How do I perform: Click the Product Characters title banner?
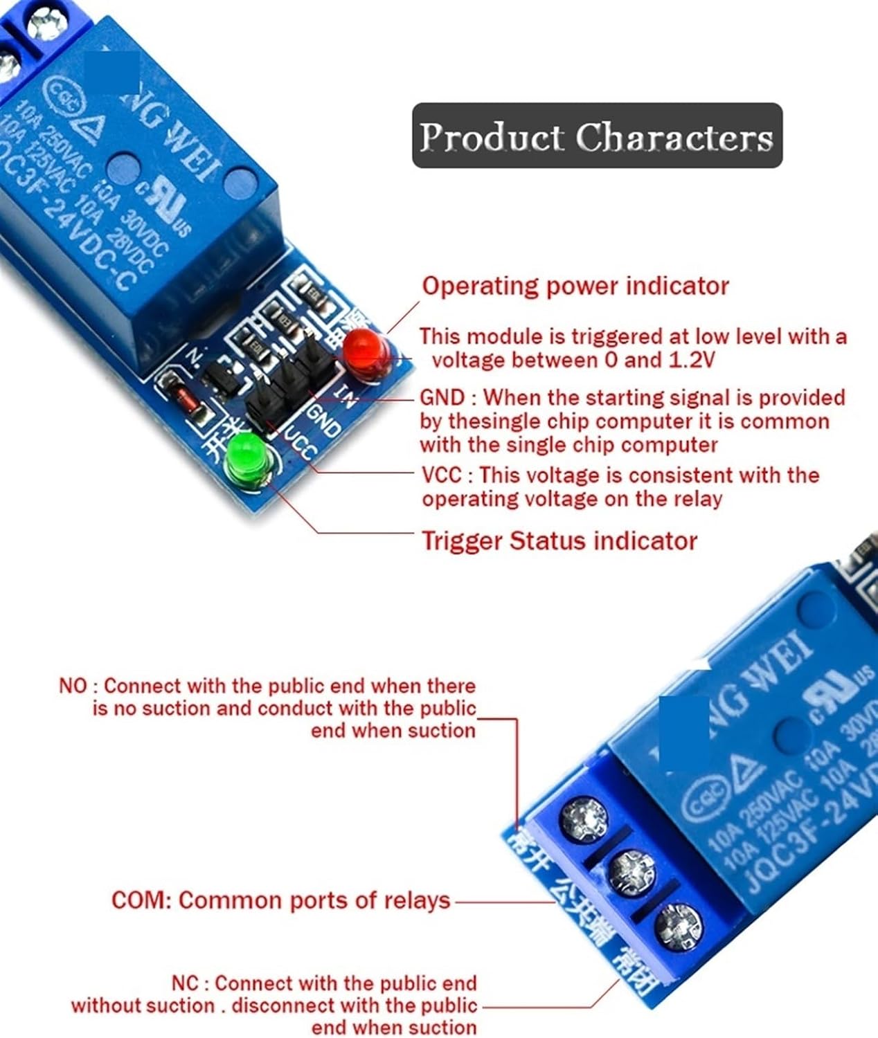tap(597, 136)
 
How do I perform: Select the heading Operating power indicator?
tap(575, 286)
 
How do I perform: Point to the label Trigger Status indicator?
tap(559, 540)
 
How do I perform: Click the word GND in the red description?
tap(442, 397)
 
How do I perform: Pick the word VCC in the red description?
tap(441, 475)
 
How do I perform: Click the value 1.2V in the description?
tap(692, 360)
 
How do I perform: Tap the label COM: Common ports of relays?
tap(280, 900)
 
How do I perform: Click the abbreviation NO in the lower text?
tap(73, 686)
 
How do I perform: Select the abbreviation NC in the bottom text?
tap(186, 983)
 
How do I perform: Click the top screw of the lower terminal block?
tap(584, 819)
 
